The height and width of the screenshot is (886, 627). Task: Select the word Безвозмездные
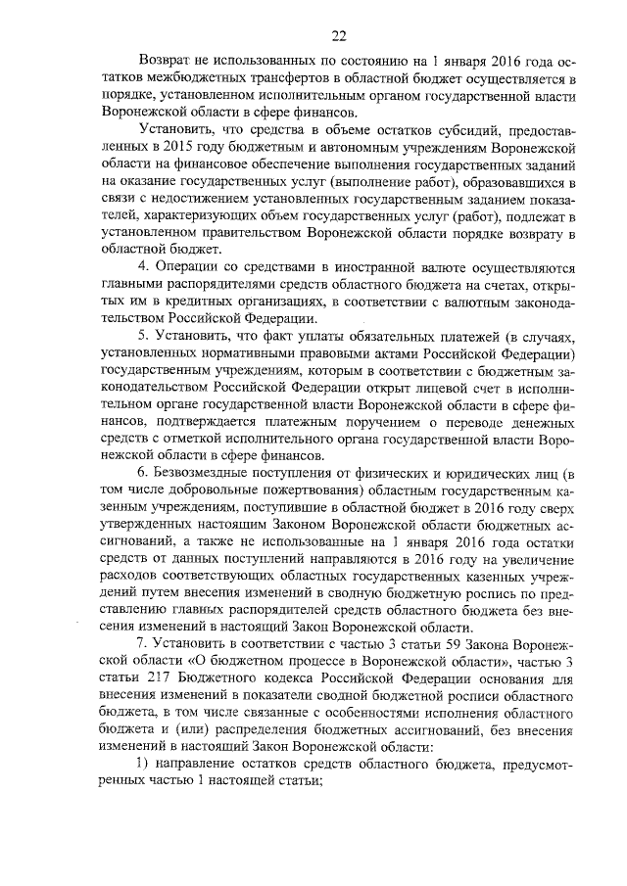(209, 476)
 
